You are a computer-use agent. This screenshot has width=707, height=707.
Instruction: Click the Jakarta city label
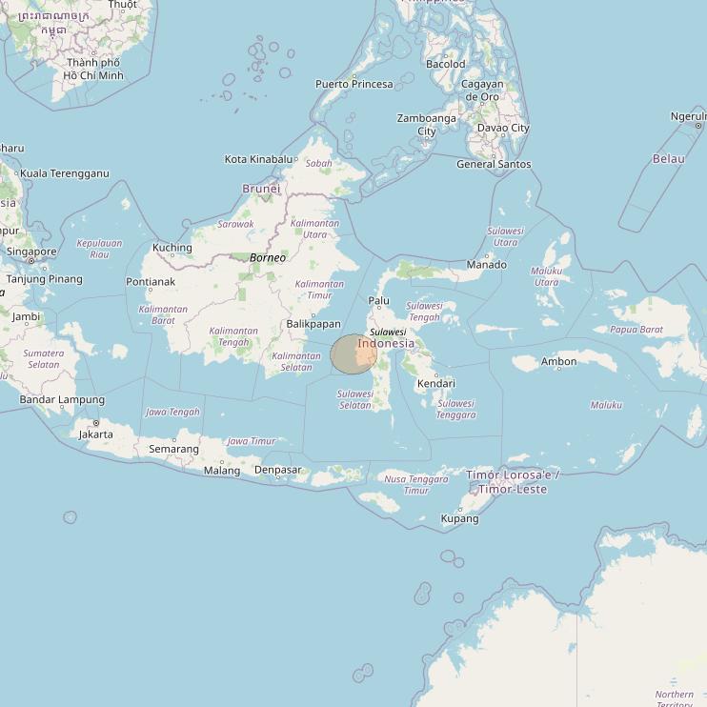click(96, 434)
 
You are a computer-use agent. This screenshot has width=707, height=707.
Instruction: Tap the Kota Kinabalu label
click(258, 159)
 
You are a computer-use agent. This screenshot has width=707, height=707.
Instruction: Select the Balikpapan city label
click(313, 324)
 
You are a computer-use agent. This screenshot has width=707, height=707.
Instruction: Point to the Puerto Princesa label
click(354, 84)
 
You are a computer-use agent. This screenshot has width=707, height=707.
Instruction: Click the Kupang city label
click(459, 519)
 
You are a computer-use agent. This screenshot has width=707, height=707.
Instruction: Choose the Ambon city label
click(558, 362)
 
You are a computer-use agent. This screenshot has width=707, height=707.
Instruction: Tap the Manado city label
click(486, 265)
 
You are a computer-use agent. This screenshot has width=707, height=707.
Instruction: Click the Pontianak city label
click(151, 282)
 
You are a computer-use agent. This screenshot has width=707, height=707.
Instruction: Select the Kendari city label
click(435, 384)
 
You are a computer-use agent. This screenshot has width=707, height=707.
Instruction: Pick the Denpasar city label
click(278, 470)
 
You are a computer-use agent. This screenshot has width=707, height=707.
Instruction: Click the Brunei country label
click(261, 189)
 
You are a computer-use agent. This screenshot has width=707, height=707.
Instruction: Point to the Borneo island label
click(268, 258)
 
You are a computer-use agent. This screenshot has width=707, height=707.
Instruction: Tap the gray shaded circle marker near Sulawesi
click(353, 354)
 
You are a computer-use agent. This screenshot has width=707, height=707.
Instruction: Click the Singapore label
click(32, 252)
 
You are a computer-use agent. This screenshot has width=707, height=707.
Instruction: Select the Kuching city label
click(172, 248)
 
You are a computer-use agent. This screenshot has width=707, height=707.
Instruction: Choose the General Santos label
click(494, 164)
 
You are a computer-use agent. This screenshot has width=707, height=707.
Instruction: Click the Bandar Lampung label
click(62, 399)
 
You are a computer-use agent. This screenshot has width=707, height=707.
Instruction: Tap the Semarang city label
click(173, 449)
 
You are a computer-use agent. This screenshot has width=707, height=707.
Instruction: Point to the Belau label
click(668, 158)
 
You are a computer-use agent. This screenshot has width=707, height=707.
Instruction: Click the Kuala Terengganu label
click(65, 173)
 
